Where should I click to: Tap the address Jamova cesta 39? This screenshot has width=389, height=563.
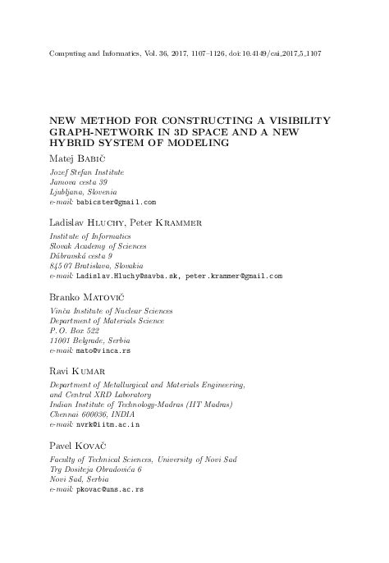(x=78, y=181)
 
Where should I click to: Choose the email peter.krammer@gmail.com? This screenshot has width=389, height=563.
(x=233, y=277)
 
